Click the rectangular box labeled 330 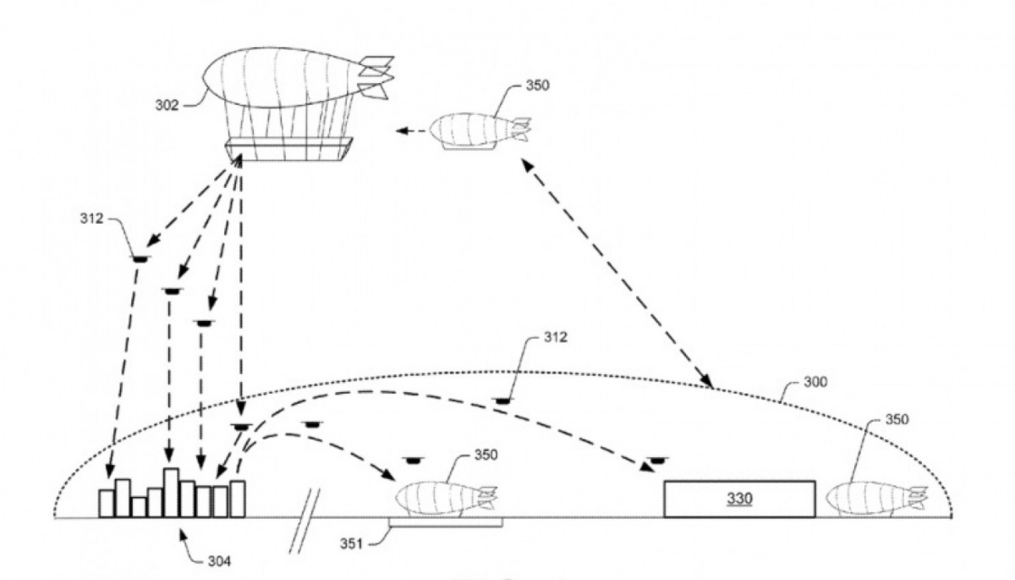739,499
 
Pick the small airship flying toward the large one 479,132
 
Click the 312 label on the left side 92,218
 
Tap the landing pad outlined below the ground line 446,524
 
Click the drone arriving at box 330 656,461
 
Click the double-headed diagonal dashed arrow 618,275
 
